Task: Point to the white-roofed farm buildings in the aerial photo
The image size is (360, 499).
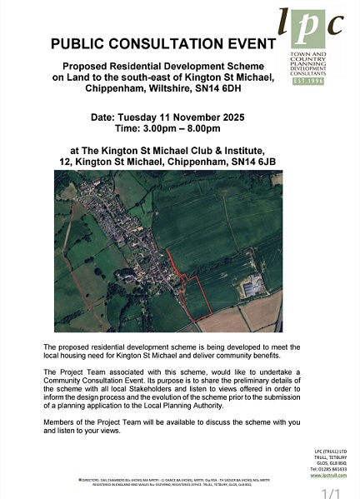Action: [252, 288]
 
